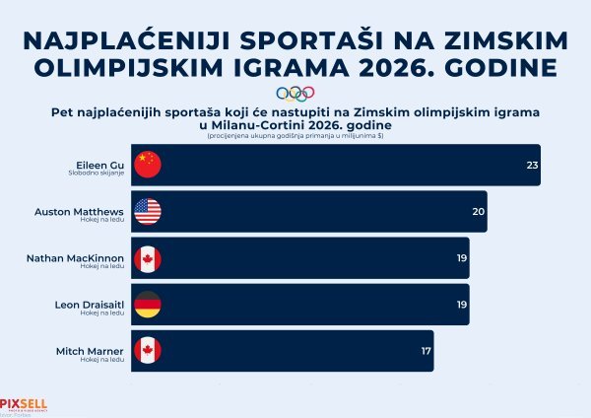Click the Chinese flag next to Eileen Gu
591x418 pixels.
point(147,166)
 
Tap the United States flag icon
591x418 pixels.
point(147,212)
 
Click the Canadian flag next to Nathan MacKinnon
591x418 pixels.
point(147,259)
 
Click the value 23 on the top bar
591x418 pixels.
point(532,166)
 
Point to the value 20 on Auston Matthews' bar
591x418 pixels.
point(478,212)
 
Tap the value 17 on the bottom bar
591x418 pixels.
point(425,351)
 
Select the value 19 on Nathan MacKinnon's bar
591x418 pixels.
point(460,259)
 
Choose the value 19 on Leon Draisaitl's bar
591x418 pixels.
point(460,305)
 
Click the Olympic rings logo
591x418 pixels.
point(295,95)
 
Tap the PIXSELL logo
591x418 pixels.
point(23,402)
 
